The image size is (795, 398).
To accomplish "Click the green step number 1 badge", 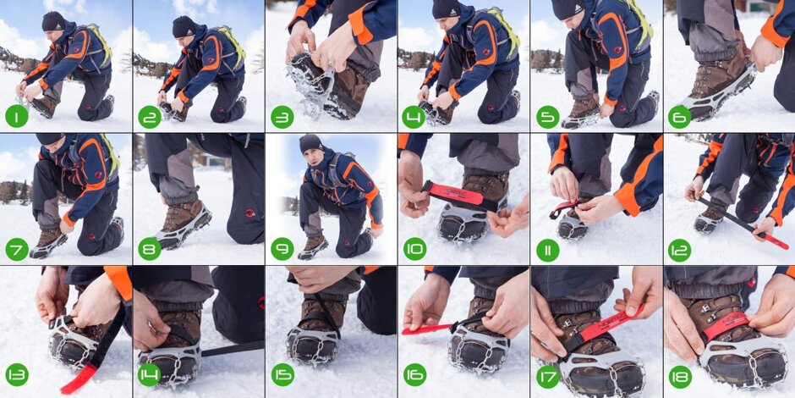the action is (17, 116).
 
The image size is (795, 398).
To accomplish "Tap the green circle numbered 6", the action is (680, 116).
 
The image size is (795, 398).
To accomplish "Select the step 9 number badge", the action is (282, 249).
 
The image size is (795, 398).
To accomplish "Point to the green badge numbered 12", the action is (680, 249).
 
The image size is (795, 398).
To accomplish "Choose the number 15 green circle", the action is (282, 374).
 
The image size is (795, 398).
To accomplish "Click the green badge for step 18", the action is (680, 377).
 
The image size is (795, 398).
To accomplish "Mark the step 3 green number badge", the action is (282, 116).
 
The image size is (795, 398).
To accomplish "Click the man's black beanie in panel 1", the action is (53, 21).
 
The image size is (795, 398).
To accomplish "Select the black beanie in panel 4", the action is (445, 8).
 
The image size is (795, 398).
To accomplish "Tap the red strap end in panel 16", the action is (419, 329).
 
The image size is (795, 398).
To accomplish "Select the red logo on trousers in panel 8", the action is (250, 213).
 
